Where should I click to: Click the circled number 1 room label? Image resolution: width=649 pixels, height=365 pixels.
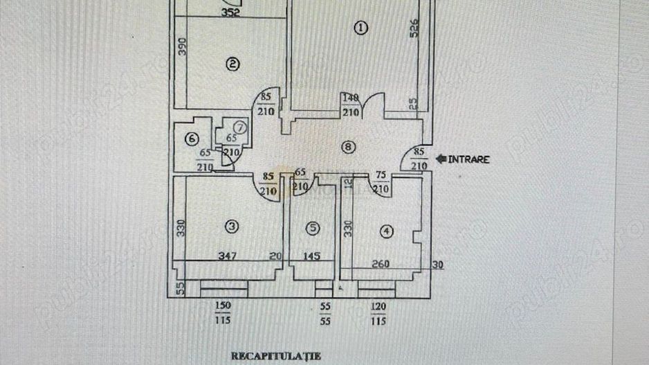tap(360, 28)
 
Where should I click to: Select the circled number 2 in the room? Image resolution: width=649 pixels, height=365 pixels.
tap(233, 64)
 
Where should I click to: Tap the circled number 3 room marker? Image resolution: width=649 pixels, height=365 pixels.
tap(232, 225)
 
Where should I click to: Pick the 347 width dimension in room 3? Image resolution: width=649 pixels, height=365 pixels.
tap(229, 256)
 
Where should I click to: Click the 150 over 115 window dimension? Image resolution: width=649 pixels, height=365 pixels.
tap(223, 313)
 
